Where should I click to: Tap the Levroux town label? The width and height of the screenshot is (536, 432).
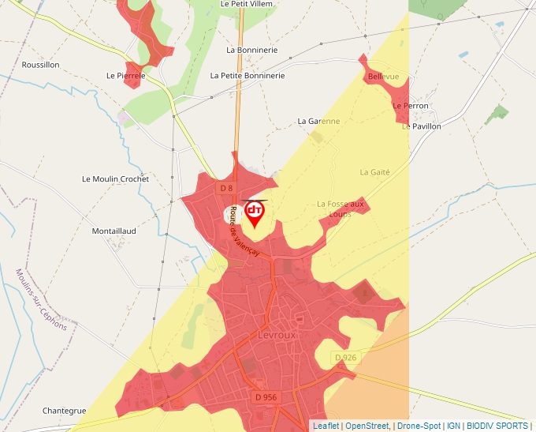coord(276,335)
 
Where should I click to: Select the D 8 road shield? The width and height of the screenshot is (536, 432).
coord(226,188)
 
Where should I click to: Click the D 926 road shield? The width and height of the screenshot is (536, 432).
coord(345,358)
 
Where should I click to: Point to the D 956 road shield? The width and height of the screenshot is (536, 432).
coord(266,396)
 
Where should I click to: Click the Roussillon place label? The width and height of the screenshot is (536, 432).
coord(40,65)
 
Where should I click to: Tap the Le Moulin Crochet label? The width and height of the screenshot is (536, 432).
coord(115,179)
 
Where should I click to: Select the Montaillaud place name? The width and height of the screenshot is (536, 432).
coord(114,231)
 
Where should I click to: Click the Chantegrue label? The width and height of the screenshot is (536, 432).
coord(64,411)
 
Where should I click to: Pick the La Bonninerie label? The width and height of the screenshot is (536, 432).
coord(251,50)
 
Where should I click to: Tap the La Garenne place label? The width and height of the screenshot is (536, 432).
coord(318,122)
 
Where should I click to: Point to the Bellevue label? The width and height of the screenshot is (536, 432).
coord(383,77)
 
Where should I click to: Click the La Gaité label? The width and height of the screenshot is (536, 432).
coord(375,171)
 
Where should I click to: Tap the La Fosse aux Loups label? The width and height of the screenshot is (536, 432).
coord(341,208)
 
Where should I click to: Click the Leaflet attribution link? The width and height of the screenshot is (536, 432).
coord(326,426)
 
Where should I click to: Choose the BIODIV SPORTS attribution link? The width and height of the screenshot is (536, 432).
coord(497,426)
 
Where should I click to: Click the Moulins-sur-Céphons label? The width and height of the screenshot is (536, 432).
coord(41,299)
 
